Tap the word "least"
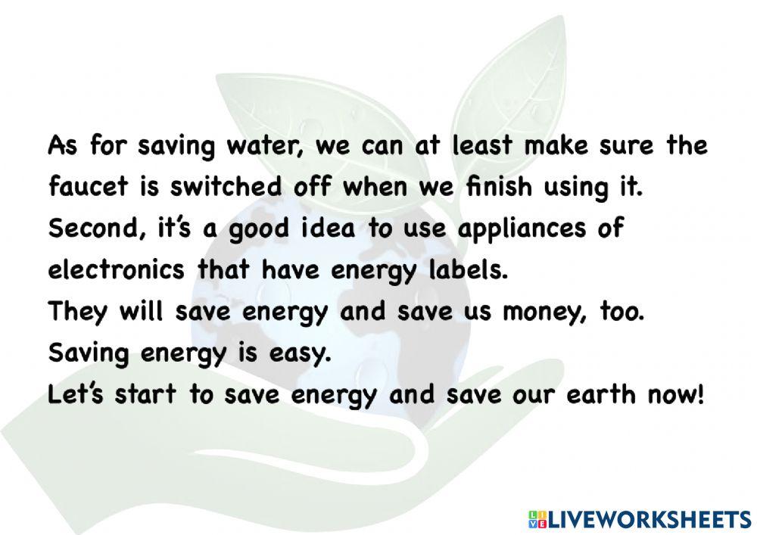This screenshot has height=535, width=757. click(484, 146)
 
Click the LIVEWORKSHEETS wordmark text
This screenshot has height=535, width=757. click(647, 519)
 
